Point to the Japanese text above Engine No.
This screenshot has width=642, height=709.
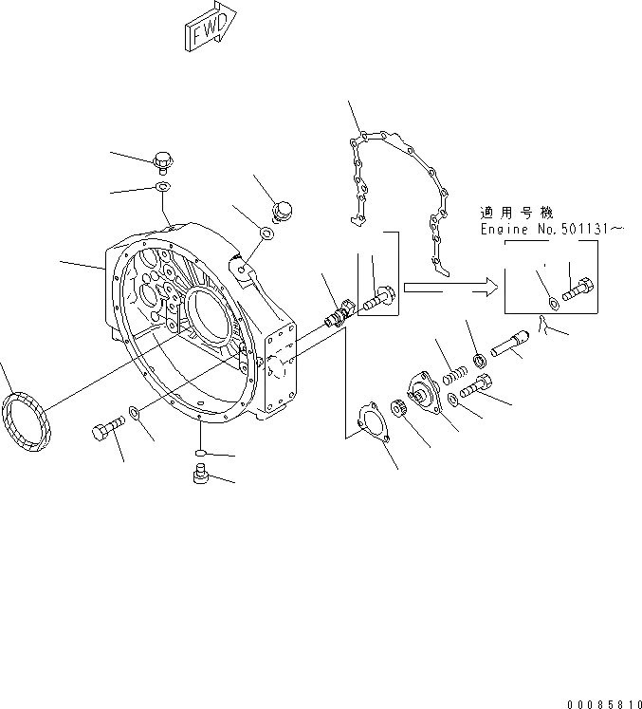pyautogui.click(x=516, y=214)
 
